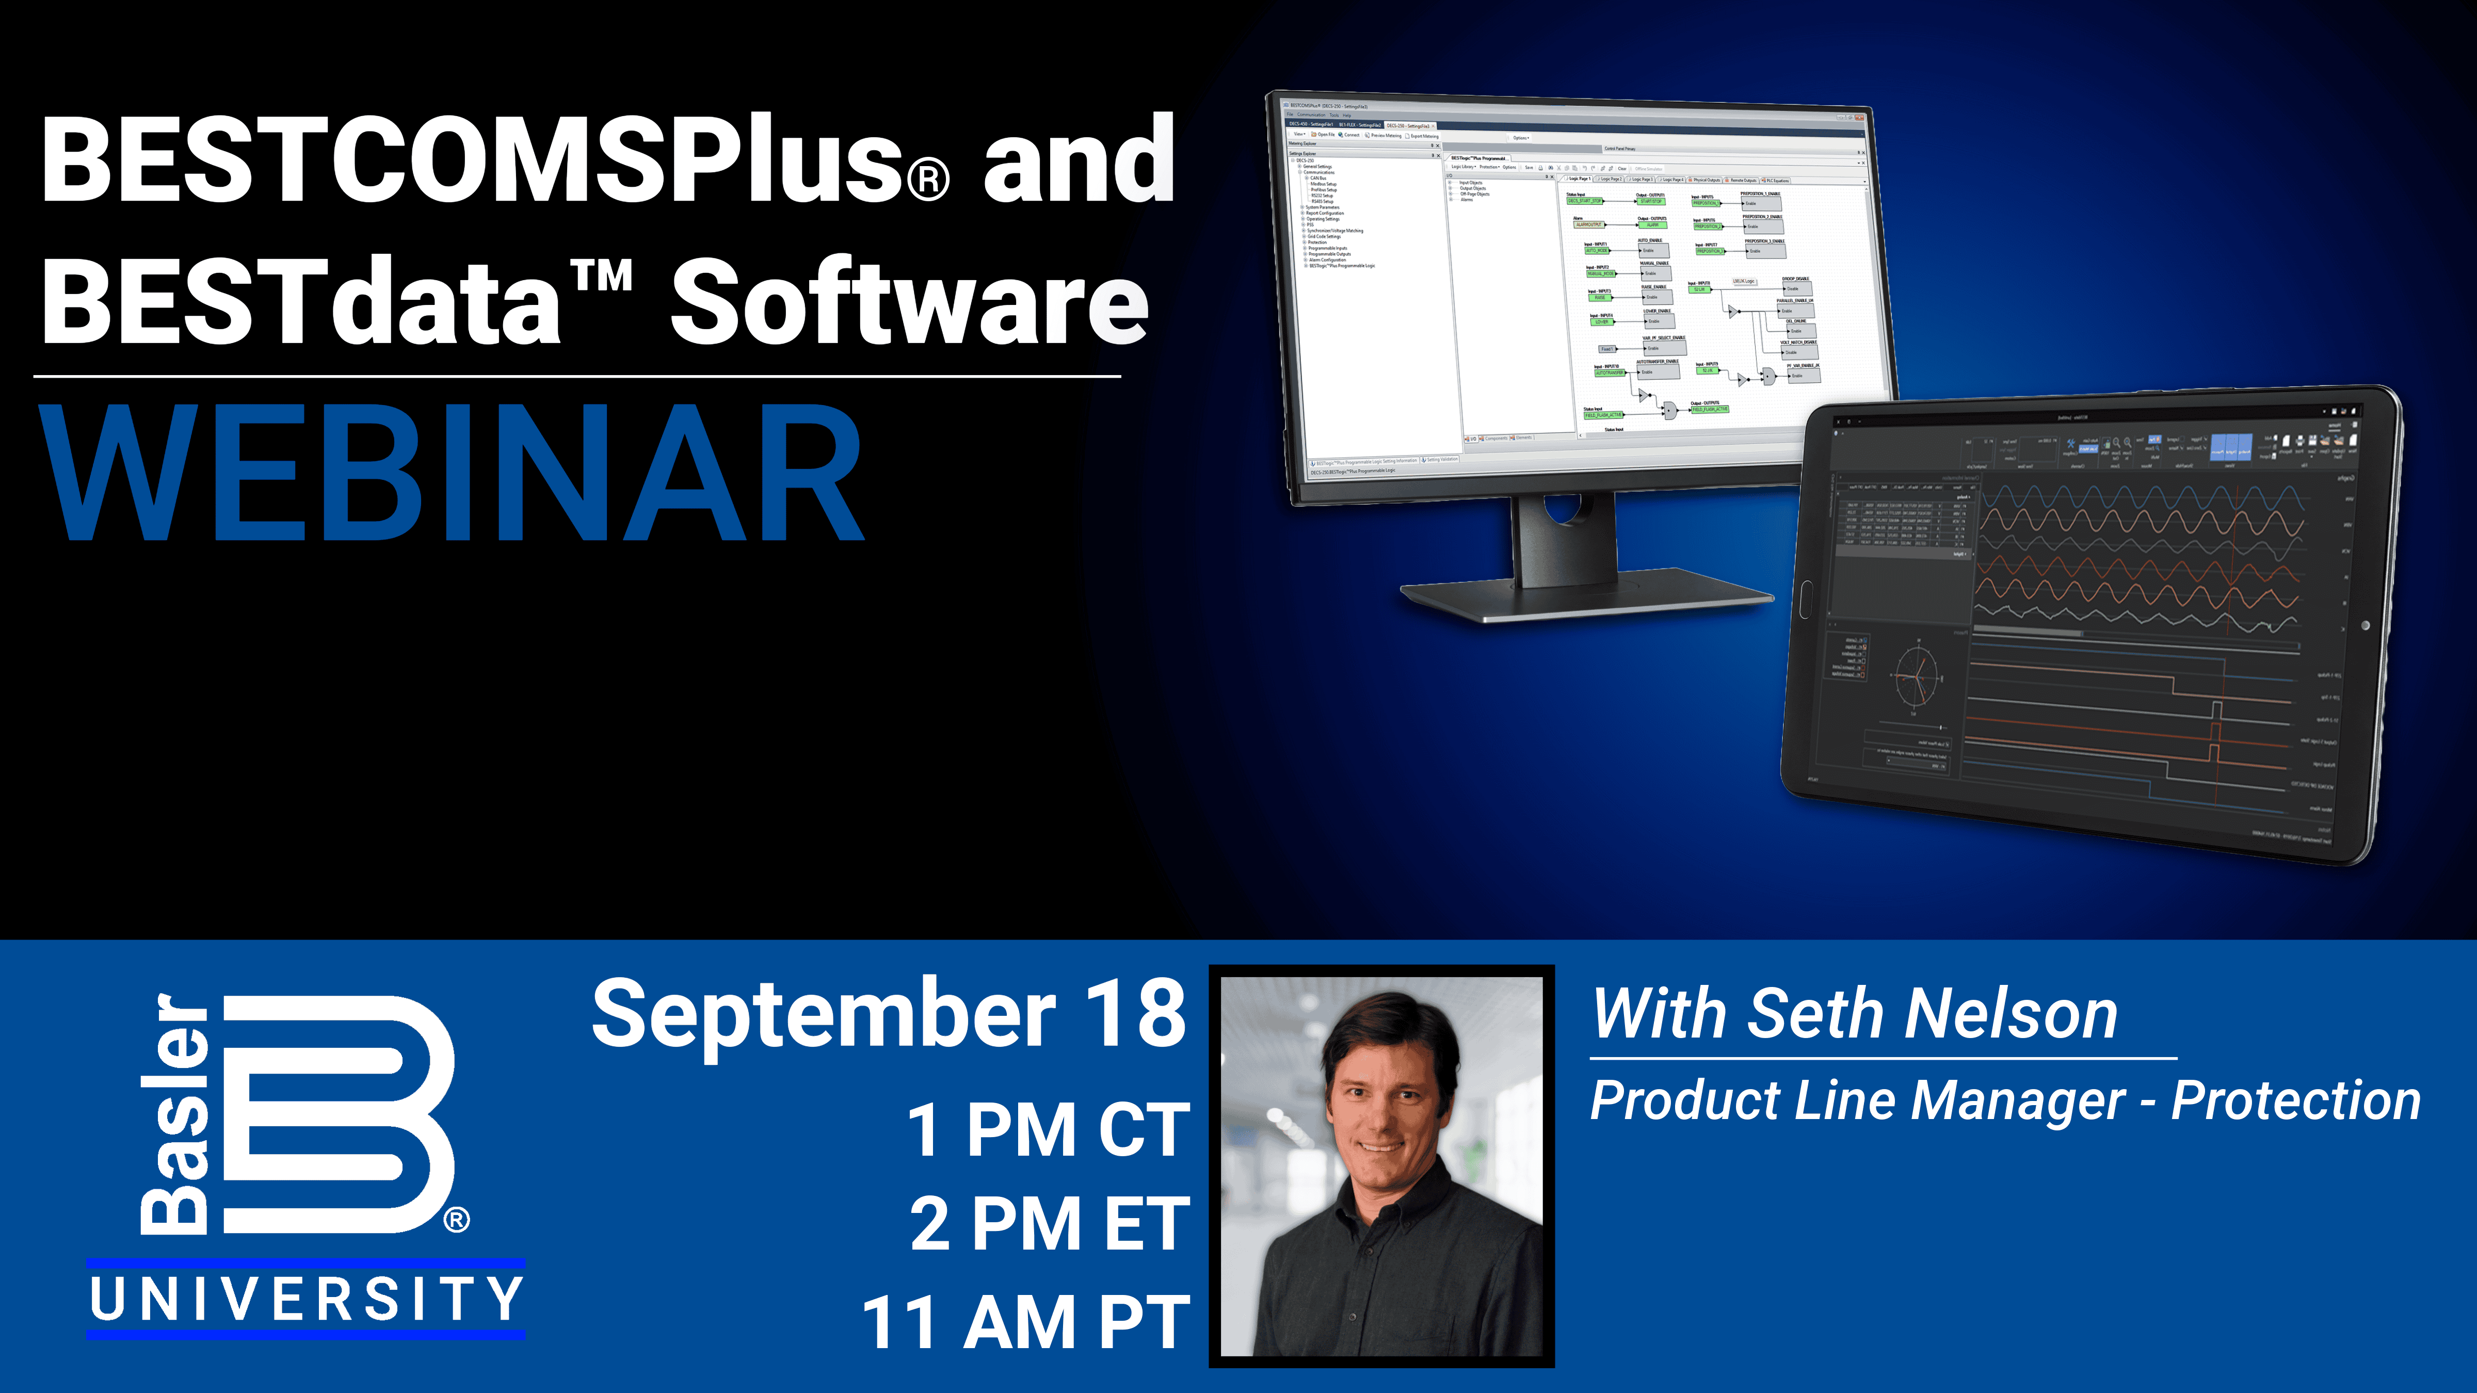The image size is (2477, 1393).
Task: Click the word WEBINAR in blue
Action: click(452, 473)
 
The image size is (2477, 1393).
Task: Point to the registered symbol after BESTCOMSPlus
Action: click(928, 180)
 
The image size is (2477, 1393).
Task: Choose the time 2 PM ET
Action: click(1050, 1224)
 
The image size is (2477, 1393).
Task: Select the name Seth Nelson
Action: click(1933, 1014)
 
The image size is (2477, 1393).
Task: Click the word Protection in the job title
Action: click(2295, 1101)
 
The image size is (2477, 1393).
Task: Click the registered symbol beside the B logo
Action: click(457, 1220)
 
